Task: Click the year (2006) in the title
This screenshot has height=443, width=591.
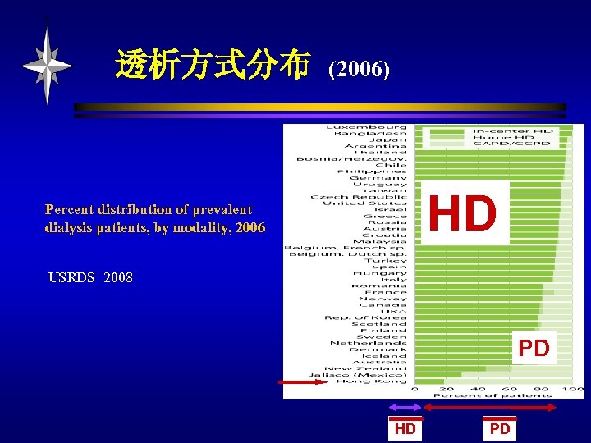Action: tap(359, 70)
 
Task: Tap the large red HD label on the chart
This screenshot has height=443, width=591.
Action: tap(463, 212)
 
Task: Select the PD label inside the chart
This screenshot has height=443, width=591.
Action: tap(534, 348)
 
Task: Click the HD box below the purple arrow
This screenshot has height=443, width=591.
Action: tap(405, 428)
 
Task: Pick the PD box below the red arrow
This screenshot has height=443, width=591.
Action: tap(500, 428)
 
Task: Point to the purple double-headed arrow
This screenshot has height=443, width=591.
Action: tap(404, 407)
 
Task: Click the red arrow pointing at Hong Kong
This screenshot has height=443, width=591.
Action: tap(291, 381)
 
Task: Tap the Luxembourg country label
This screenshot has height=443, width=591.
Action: tap(366, 127)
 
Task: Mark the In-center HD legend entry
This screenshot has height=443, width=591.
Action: tap(511, 131)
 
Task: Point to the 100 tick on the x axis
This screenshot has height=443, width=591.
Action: tap(574, 389)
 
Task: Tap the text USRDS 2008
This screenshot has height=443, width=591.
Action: tap(90, 277)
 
